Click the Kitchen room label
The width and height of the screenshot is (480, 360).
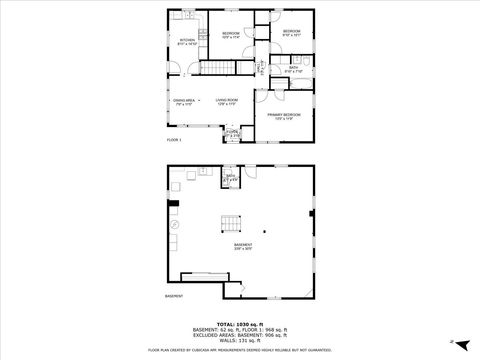tap(187, 42)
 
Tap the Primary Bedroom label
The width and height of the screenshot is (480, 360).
tap(284, 116)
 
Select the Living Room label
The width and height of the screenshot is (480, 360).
tap(226, 101)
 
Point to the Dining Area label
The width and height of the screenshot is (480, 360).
tap(183, 101)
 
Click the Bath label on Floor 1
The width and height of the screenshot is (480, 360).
tap(293, 69)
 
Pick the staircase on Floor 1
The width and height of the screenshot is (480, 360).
tap(219, 67)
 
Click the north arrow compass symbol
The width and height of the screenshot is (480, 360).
tap(451, 341)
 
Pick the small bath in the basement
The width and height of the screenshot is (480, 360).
tap(230, 179)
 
